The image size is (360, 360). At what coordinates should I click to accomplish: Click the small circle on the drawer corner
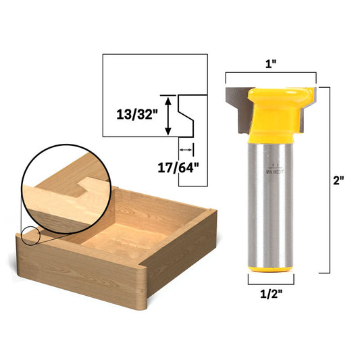pyautogui.click(x=30, y=236)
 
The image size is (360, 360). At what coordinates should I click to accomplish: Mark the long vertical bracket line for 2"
pyautogui.click(x=328, y=181)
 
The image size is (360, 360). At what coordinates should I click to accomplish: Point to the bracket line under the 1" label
pyautogui.click(x=270, y=74)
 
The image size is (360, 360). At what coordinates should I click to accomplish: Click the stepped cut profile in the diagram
pyautogui.click(x=186, y=115)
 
